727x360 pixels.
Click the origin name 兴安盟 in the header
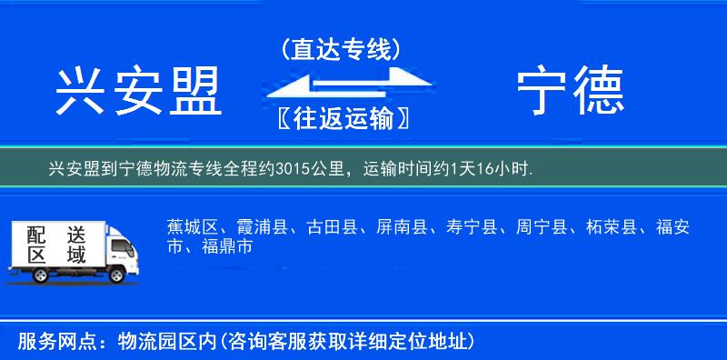click(139, 92)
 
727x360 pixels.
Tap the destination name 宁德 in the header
click(570, 92)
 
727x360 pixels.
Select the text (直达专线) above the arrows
click(341, 49)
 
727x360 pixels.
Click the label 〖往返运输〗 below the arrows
click(341, 118)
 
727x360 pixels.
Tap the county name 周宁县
click(543, 227)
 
